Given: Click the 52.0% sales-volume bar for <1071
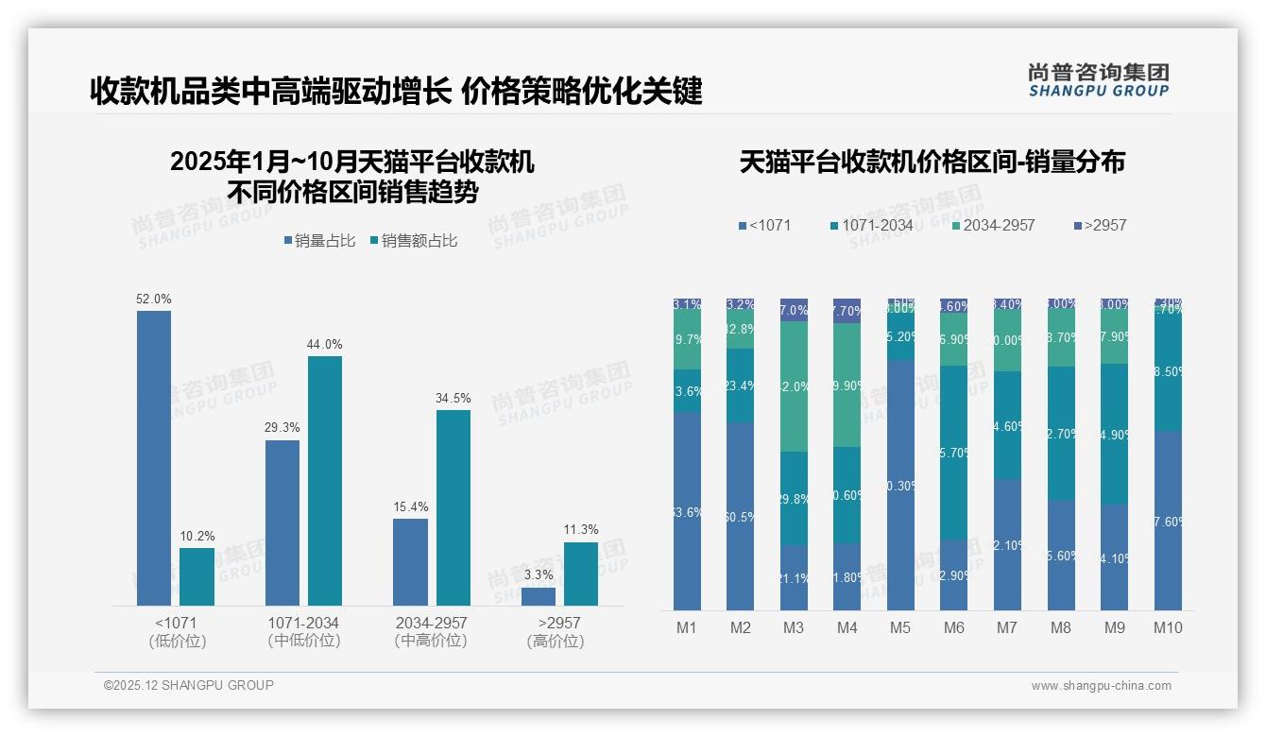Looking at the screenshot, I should [x=154, y=458].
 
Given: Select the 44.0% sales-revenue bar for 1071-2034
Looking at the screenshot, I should [x=324, y=480].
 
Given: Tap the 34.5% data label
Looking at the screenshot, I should [x=453, y=399].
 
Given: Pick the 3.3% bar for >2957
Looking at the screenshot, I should [x=539, y=596].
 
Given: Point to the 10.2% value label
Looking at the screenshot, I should [x=197, y=537].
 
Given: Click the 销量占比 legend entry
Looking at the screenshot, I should [x=319, y=241].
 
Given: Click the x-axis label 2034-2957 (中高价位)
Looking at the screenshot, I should [x=431, y=632].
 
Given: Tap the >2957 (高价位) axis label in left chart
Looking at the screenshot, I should [x=558, y=632].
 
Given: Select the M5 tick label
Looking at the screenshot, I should [x=900, y=627].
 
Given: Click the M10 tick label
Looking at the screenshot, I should [x=1168, y=627].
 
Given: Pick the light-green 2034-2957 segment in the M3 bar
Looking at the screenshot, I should [x=794, y=386].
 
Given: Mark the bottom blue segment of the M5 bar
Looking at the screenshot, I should [x=900, y=485].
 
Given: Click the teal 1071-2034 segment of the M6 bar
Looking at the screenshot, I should [x=955, y=452].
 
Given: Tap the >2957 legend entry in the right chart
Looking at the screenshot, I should [x=1100, y=226].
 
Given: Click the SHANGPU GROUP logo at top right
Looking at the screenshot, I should [x=1099, y=79].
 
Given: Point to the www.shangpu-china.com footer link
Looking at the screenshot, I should [x=1101, y=686].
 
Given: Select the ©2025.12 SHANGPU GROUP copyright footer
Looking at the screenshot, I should [x=189, y=685].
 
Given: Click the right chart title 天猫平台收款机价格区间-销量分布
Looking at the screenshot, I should [x=932, y=163].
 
